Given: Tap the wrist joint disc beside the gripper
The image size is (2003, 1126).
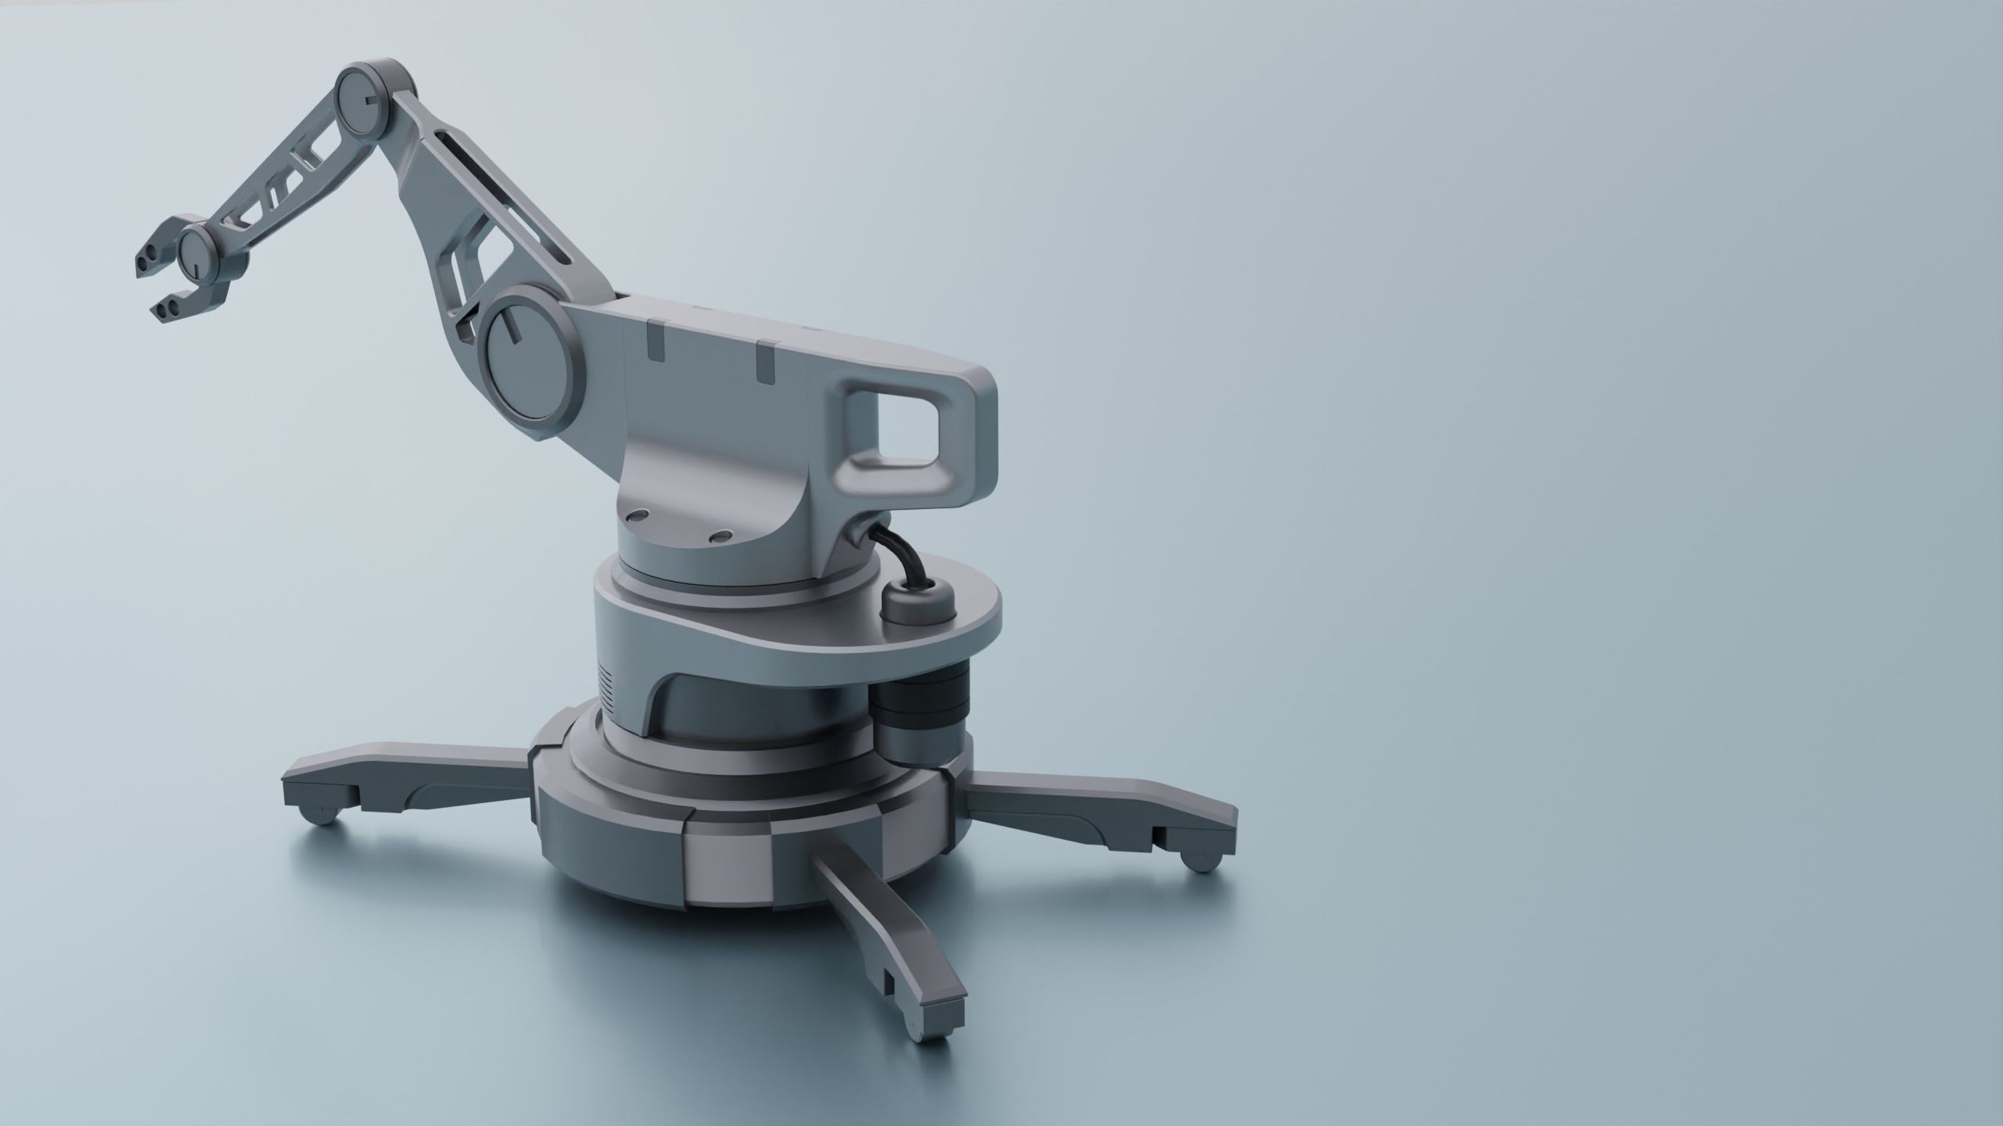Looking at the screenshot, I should coord(196,255).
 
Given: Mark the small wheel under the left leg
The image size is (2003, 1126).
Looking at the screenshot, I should coord(325,813).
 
